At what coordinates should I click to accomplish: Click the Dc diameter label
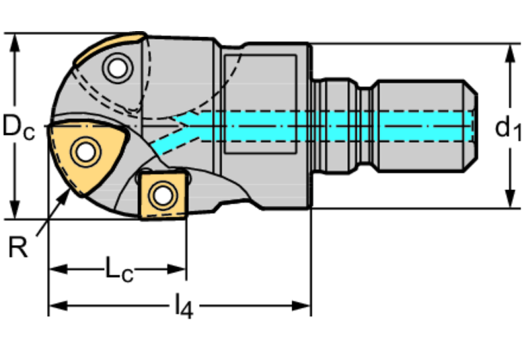tap(18, 127)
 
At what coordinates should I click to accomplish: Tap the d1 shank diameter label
tap(508, 127)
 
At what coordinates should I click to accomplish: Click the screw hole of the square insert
tap(162, 195)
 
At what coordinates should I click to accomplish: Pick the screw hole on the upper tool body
tap(116, 67)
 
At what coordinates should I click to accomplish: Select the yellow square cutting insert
tap(162, 194)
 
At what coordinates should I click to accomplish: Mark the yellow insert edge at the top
tap(110, 44)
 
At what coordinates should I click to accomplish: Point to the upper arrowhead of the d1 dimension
tap(509, 52)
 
